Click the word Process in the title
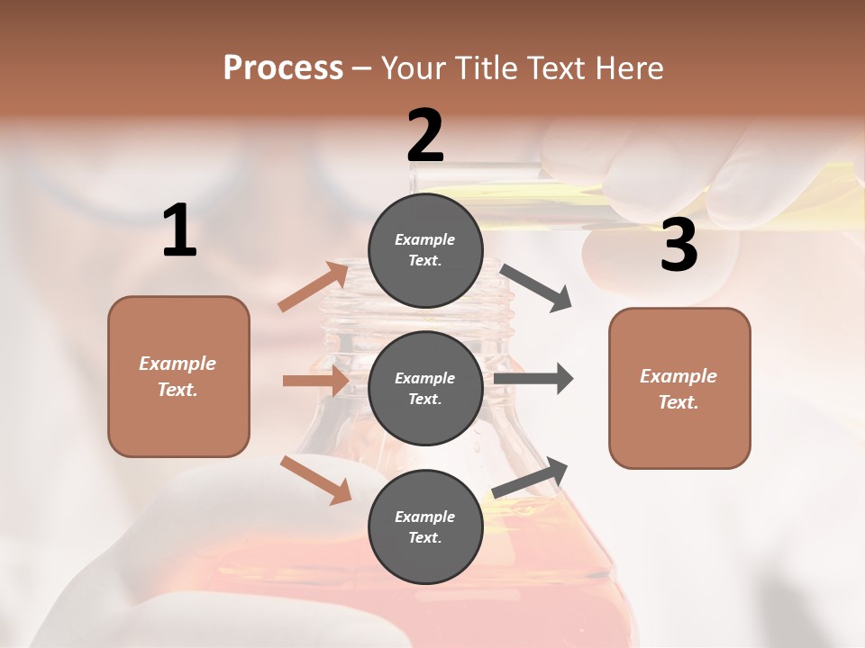pos(283,68)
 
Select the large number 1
pos(179,231)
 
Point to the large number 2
pos(425,136)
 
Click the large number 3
pos(678,246)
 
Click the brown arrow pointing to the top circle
pos(314,287)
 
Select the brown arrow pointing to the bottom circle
pos(315,479)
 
